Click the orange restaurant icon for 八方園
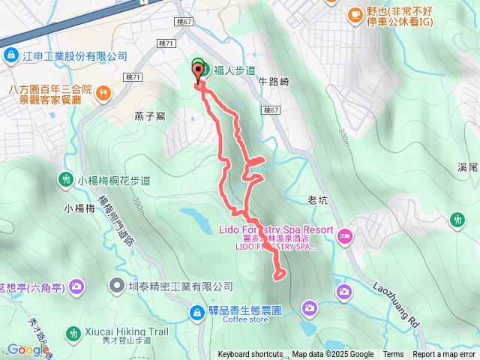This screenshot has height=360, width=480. click(x=103, y=93)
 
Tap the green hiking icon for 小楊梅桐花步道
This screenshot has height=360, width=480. click(x=65, y=180)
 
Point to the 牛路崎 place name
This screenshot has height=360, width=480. click(x=273, y=81)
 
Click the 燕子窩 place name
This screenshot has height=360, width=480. click(x=148, y=115)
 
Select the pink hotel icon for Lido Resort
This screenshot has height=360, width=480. click(x=345, y=237)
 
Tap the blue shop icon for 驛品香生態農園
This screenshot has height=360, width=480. click(x=196, y=310)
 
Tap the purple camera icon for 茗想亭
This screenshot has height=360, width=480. click(x=76, y=286)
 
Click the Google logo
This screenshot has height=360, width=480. click(x=28, y=349)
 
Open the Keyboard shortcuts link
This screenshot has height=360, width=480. click(x=250, y=355)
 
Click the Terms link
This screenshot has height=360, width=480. click(x=393, y=355)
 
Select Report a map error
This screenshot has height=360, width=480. click(x=444, y=355)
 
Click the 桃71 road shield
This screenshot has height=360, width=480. click(x=133, y=77)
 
